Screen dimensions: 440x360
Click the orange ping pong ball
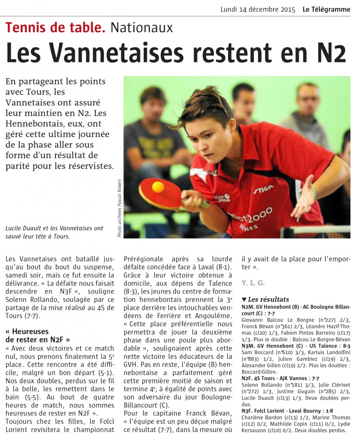158,187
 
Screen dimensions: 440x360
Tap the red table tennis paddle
161,192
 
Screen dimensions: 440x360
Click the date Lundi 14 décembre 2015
258,9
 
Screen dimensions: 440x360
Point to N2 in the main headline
330,52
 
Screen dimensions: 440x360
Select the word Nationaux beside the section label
142,28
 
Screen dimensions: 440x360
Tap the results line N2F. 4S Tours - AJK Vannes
280,378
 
